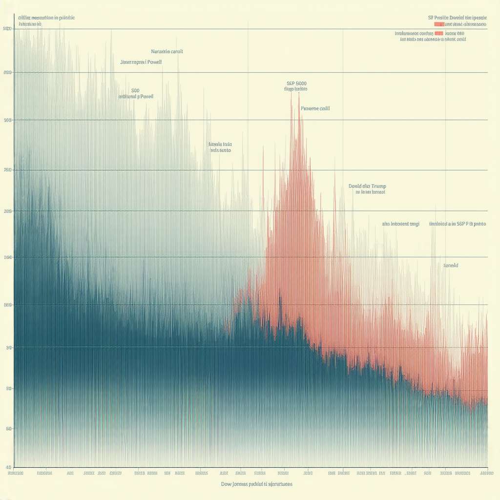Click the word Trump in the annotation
[378, 186]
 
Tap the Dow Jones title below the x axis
[257, 484]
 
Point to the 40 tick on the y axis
[8, 466]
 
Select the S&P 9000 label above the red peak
[296, 83]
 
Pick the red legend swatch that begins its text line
[438, 23]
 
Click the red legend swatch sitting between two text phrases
[438, 33]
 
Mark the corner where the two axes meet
[14, 466]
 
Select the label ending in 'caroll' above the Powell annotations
[167, 51]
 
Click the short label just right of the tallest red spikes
[315, 108]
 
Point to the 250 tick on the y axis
[7, 170]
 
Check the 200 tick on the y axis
[7, 211]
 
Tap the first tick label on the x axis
[16, 473]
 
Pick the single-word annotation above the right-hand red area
[450, 265]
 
